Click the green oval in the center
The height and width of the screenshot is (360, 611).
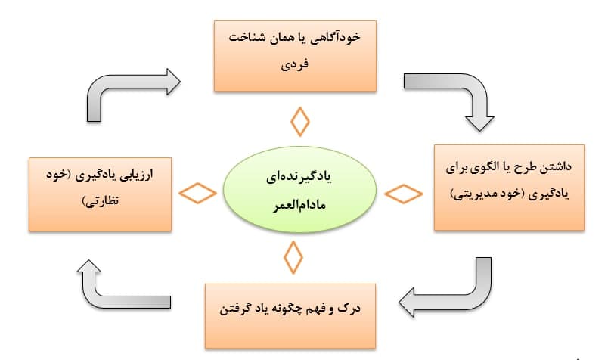299,190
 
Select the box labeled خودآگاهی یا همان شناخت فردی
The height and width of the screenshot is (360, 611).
295,56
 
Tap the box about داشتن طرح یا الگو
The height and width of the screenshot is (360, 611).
509,188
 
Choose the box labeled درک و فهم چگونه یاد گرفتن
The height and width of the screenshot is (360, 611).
290,316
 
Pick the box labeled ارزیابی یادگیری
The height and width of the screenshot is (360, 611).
100,194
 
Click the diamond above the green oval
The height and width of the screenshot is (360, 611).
300,122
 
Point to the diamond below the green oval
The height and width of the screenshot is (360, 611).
293,257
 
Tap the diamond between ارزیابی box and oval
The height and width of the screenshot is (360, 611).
197,193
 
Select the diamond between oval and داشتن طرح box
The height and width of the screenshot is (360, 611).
404,194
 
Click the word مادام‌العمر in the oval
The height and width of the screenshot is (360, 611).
299,205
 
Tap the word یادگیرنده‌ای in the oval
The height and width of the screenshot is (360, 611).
299,177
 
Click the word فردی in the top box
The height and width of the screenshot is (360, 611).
295,64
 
